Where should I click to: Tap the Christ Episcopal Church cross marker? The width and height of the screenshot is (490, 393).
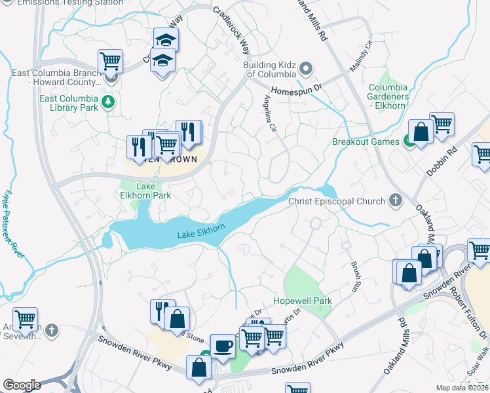tap(395, 201)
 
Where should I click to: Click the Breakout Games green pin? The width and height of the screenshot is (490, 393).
tap(408, 141)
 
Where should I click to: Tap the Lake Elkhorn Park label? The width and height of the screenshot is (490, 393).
tap(146, 191)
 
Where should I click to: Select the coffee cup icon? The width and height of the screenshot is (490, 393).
tap(221, 345)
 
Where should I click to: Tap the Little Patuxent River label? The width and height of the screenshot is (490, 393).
tap(10, 222)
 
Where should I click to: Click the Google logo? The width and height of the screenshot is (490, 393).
tap(22, 385)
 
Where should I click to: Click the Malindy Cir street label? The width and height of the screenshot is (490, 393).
tap(360, 56)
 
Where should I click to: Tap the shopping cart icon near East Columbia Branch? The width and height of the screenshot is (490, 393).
tap(110, 62)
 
